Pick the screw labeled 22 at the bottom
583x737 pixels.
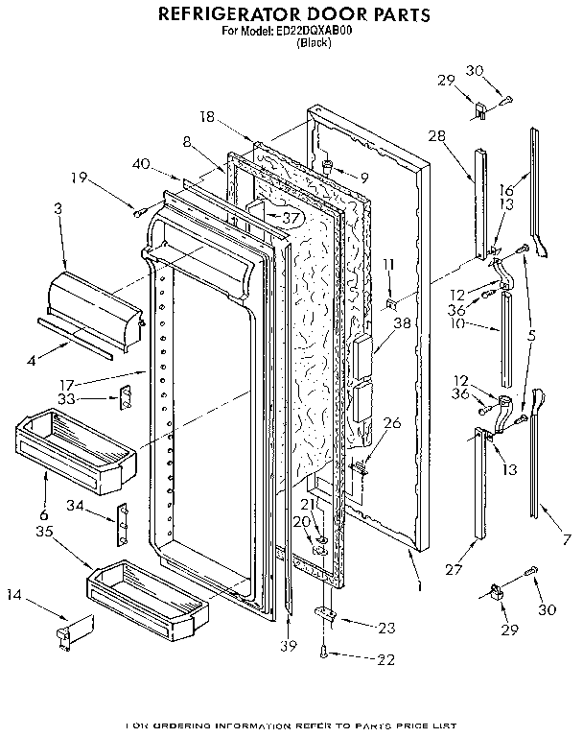pos(327,653)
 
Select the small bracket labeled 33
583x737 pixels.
pos(124,397)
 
